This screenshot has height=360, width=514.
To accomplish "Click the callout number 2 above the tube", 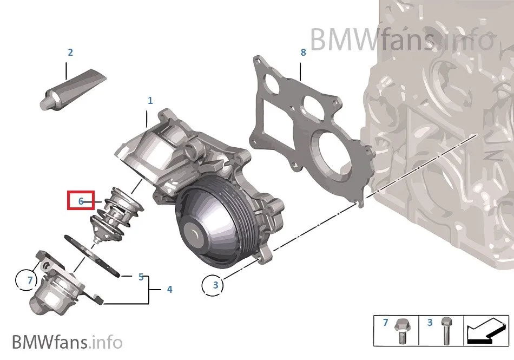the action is pos(70,53).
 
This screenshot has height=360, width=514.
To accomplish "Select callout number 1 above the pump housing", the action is pos(150,100).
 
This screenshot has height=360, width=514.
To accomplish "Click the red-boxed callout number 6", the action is pos(81,201).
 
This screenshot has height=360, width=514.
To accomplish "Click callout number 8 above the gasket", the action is pos(303,52).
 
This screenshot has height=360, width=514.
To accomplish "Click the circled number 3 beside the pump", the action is pos(215,285).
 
